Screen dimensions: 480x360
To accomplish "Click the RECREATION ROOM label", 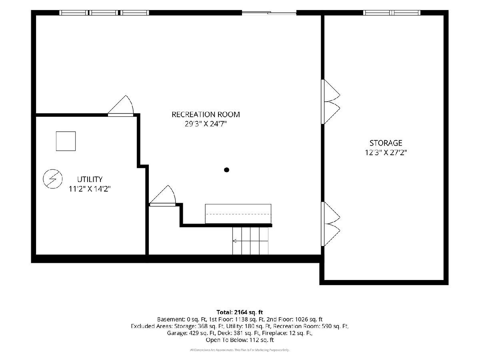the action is tap(206, 114).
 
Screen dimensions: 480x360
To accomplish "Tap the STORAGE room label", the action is tap(386, 143).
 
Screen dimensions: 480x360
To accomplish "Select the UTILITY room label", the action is tap(90, 179).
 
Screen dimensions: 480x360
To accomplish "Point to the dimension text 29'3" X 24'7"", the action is tap(206, 124).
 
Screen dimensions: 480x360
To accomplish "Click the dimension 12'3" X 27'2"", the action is tap(386, 152).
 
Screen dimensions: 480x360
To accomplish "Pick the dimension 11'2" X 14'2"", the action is tap(90, 189).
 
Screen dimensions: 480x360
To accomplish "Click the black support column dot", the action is tap(226, 170).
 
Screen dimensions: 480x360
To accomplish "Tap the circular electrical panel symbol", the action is tap(53, 179).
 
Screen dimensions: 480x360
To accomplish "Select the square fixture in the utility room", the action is tap(66, 141).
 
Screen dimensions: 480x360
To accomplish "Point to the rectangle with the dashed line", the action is tap(238, 214).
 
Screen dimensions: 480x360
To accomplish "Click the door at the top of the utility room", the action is tap(121, 105).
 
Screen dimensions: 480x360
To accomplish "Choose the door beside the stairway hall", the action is tap(162, 196).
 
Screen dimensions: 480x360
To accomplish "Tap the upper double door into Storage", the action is tap(330, 102).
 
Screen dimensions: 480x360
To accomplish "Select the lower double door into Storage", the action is tap(330, 224).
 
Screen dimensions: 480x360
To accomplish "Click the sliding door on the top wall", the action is tap(269, 13).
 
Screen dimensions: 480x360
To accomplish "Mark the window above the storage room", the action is tap(392, 13).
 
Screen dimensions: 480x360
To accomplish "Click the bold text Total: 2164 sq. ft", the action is tap(240, 312).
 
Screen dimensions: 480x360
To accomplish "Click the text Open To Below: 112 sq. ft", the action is tap(240, 340).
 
